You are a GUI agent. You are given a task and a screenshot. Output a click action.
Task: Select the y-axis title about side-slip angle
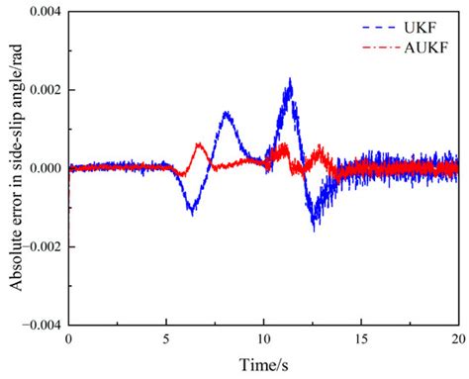tap(13, 168)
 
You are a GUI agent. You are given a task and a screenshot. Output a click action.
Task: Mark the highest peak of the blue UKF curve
tap(290, 78)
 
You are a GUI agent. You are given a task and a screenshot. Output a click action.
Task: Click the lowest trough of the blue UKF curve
tap(314, 230)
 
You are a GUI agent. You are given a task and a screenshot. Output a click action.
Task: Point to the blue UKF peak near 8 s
tap(227, 112)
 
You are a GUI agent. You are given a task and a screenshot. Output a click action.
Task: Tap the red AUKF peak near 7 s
tap(200, 144)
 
